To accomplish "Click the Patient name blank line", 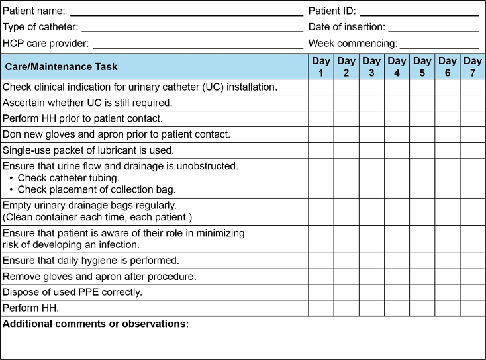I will (x=186, y=12).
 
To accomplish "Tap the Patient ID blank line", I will (x=419, y=12).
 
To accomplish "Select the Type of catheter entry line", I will (x=192, y=28).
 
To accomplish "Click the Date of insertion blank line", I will (x=434, y=28).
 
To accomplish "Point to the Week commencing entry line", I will (x=439, y=44).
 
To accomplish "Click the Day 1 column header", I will (x=321, y=67).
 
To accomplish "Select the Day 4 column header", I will (x=397, y=67).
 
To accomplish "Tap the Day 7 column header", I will (x=473, y=67).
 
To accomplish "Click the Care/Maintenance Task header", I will (x=61, y=67).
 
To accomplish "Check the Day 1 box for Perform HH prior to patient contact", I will (x=321, y=119).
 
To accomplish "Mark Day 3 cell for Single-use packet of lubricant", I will (x=371, y=150).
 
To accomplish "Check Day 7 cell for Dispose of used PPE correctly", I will (x=473, y=292).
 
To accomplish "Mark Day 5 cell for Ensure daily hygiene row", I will (x=422, y=261).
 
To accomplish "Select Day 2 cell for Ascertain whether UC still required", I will (x=346, y=103).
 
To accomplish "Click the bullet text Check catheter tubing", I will (x=68, y=178).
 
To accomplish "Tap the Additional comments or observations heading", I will (x=96, y=324).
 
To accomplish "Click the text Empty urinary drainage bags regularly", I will (x=89, y=206).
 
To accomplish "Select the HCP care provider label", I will (x=46, y=44).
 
